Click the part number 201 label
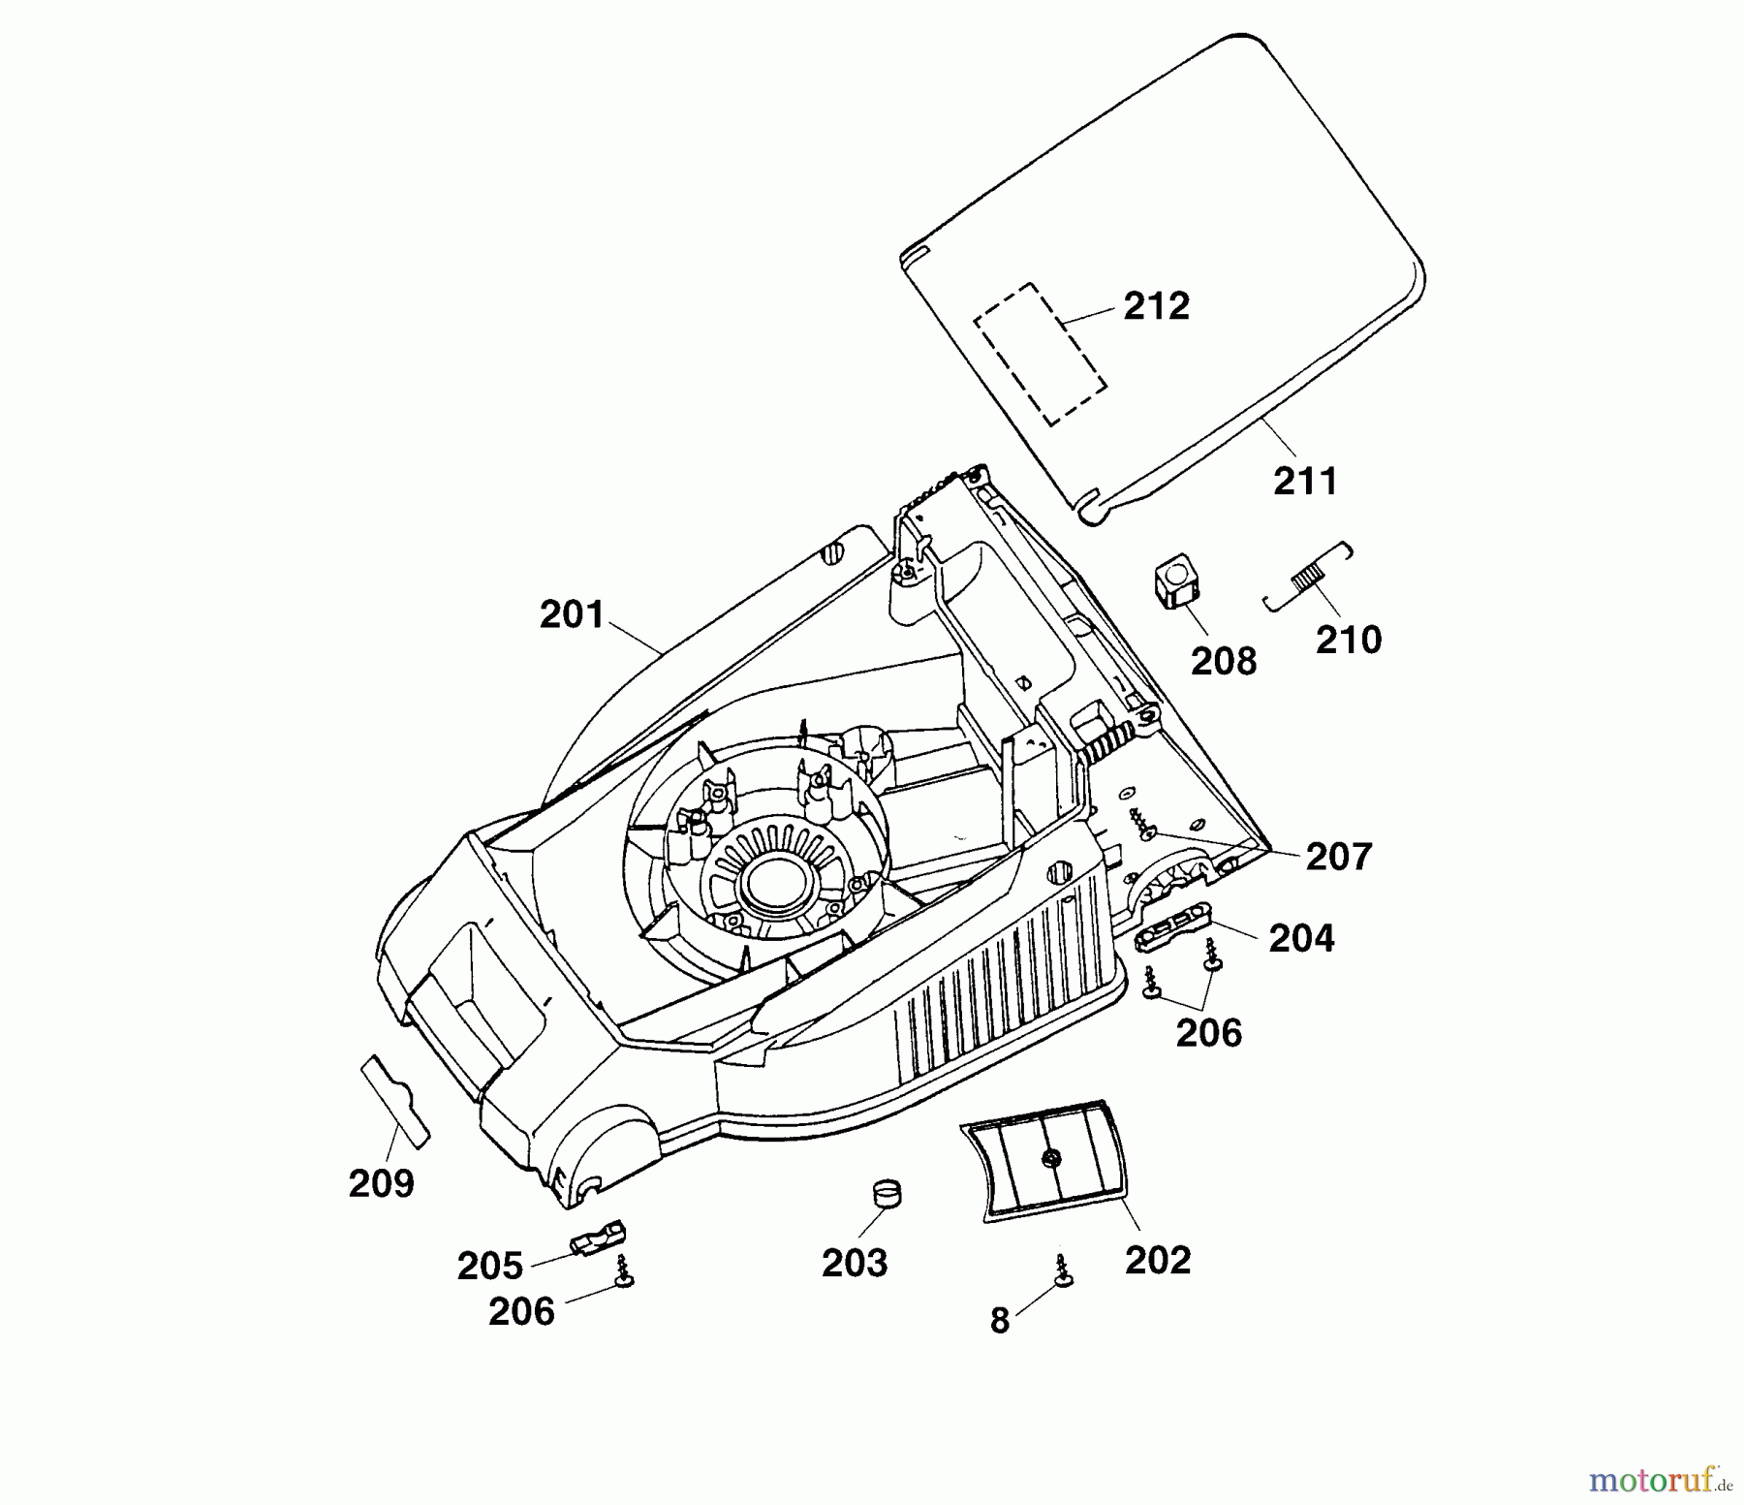point(572,615)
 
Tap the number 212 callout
point(1156,306)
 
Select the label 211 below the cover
point(1305,482)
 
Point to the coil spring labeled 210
point(1309,578)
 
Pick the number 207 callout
point(1339,857)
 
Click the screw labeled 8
point(1063,1270)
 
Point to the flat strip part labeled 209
point(395,1100)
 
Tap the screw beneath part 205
point(624,1270)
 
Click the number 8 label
point(1000,1321)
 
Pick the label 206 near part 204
point(1208,1033)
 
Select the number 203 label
point(854,1263)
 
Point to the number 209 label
point(381,1183)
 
